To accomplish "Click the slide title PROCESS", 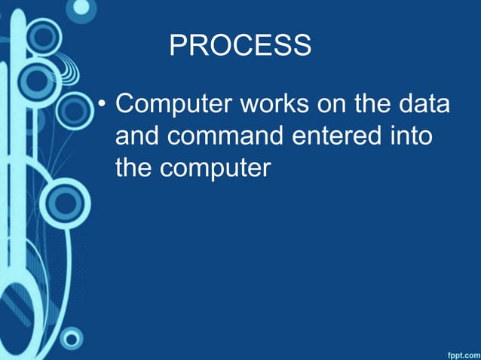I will tap(240, 46).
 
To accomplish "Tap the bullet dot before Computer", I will tap(103, 105).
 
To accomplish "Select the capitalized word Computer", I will tap(173, 105).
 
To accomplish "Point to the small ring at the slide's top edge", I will tap(80, 9).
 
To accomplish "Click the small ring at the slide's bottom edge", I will tap(71, 337).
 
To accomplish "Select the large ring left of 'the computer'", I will tap(64, 202).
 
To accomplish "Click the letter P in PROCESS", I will tap(177, 46).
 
